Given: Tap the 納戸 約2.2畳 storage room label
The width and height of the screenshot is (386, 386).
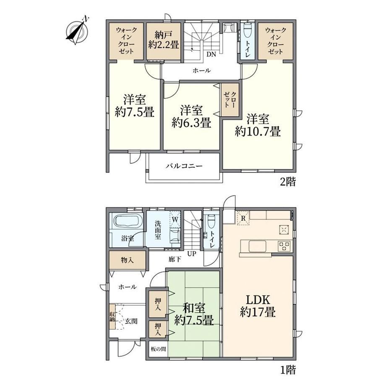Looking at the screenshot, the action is [x=164, y=40].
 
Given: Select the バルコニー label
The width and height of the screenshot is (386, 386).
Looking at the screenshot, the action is [x=184, y=166].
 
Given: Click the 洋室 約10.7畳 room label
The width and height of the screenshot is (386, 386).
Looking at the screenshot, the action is [x=258, y=125].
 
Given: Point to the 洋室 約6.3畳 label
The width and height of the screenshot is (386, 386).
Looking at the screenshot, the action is [x=191, y=117].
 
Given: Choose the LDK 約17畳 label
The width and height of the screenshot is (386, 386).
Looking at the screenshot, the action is [x=258, y=306].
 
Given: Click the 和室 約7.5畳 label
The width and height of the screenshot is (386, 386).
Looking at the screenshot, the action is [x=194, y=314].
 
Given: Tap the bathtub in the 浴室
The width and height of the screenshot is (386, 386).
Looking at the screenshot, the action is [x=127, y=222].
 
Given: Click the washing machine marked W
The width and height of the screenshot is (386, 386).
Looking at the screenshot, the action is [x=175, y=219].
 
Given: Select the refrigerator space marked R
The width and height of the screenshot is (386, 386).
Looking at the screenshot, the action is [x=243, y=218].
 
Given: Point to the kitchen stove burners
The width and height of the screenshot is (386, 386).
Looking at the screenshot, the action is [x=284, y=246].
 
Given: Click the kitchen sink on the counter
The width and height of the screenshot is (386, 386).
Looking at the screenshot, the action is [x=258, y=246].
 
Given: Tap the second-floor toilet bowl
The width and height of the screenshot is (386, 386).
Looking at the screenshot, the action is [x=247, y=31].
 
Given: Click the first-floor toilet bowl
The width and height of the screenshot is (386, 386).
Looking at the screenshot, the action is [x=211, y=221].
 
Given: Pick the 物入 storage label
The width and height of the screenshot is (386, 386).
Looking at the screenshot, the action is [x=127, y=260].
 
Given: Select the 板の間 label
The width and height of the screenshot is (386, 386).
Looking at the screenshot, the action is [x=158, y=349].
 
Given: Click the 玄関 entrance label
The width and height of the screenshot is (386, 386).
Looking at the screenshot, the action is [x=131, y=321].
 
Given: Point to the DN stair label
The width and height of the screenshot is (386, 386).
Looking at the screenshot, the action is [x=211, y=55].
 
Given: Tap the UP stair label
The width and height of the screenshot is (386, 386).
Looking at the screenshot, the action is [x=192, y=253].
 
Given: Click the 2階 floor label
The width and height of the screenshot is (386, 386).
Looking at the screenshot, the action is [x=288, y=182].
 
